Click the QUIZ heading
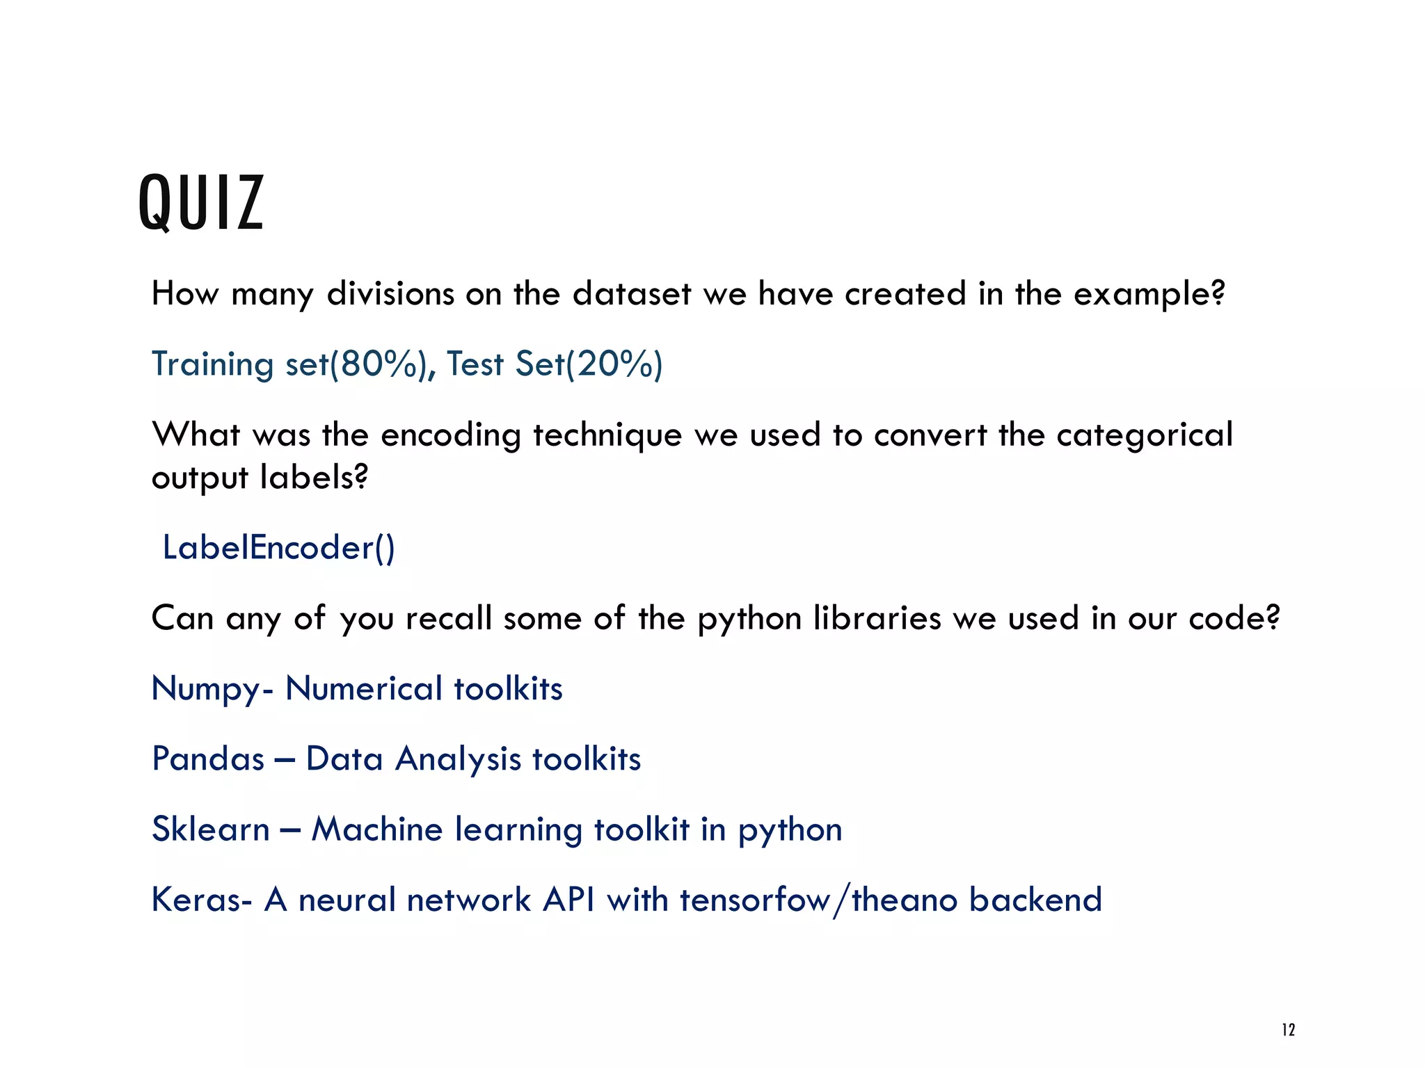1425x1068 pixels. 201,202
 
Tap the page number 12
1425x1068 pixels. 1288,1030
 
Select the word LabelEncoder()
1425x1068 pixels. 278,548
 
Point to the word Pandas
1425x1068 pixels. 208,759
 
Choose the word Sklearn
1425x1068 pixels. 210,829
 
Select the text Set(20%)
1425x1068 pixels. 589,364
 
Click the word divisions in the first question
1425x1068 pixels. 390,293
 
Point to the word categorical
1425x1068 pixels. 1144,435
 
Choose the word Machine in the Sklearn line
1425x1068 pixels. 376,829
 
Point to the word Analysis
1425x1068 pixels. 458,759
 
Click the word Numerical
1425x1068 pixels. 364,688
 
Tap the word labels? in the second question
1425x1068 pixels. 314,478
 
